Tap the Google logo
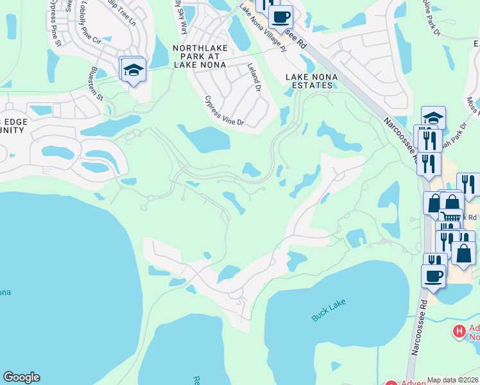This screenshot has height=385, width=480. [x=21, y=377]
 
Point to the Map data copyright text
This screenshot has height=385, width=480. [x=452, y=380]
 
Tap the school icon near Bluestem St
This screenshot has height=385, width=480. [x=133, y=70]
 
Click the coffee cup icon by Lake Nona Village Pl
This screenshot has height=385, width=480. [x=280, y=15]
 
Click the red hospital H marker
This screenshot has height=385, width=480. [x=459, y=331]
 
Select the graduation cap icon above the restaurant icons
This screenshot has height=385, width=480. [x=434, y=118]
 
